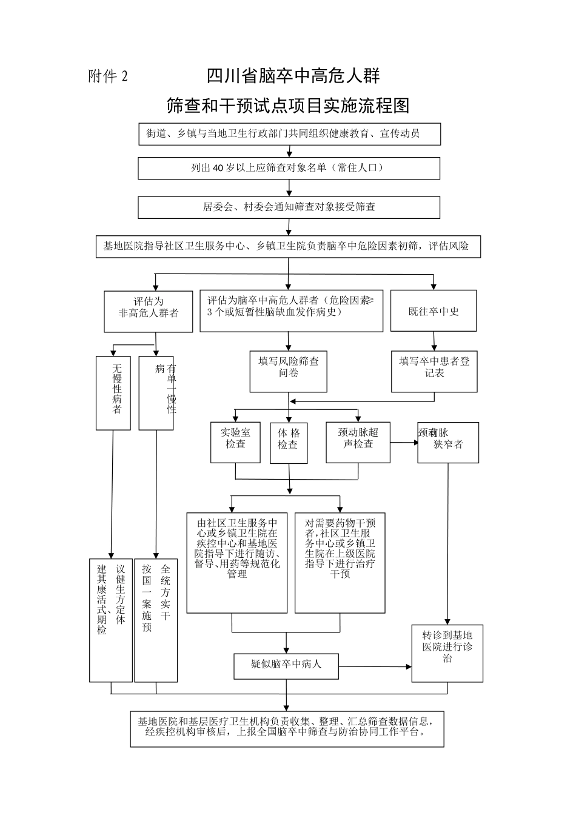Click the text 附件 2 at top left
109,77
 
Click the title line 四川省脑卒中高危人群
293,76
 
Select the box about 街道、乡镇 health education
289,134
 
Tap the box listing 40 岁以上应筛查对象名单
289,169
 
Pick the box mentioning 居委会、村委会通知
289,207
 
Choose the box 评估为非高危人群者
149,311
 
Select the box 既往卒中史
433,311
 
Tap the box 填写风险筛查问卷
288,370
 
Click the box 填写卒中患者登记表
434,370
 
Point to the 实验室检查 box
235,443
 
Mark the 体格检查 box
289,443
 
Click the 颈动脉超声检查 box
358,443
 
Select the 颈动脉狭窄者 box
447,443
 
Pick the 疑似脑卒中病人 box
286,665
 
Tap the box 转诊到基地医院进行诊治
447,653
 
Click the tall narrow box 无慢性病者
113,392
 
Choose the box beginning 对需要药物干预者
340,562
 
